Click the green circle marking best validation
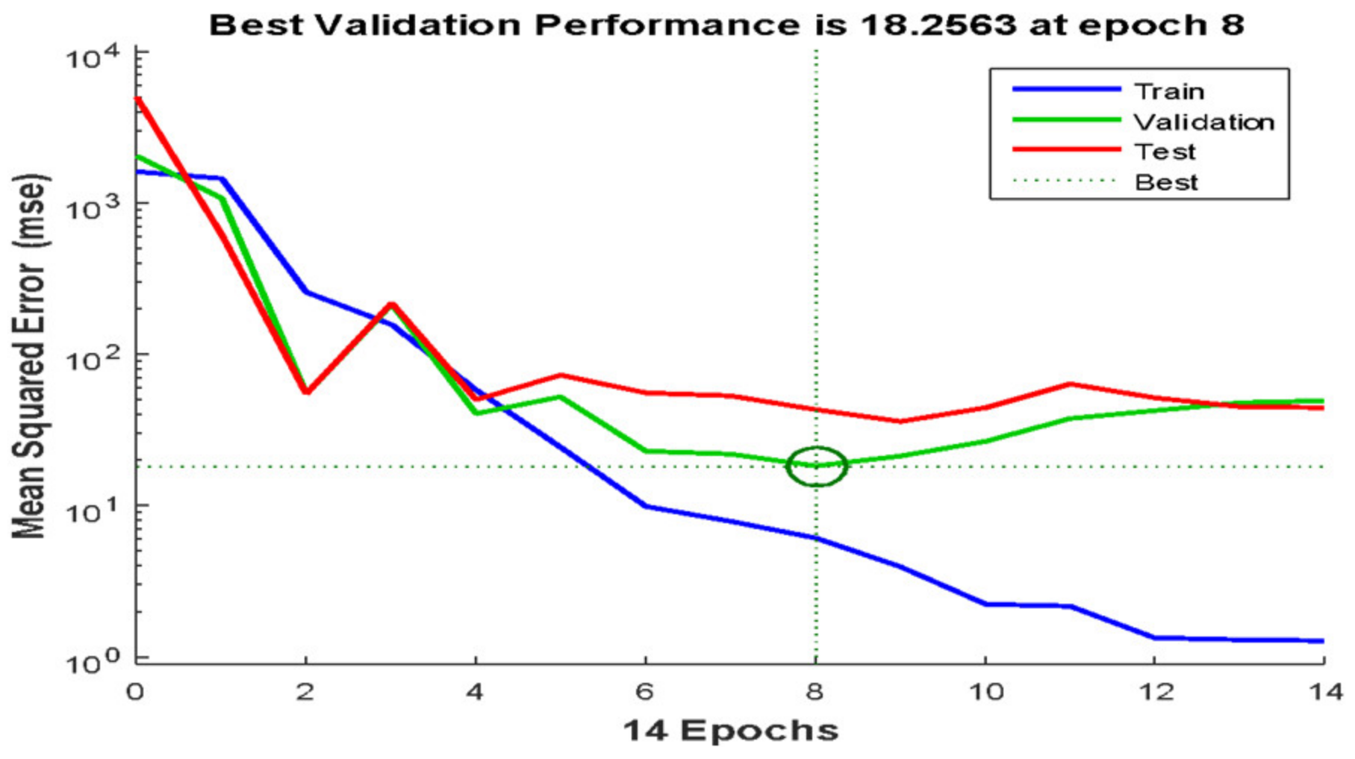pyautogui.click(x=817, y=466)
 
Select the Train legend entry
pyautogui.click(x=1168, y=91)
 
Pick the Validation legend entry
pyautogui.click(x=1203, y=122)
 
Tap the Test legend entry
pyautogui.click(x=1165, y=152)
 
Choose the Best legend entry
pyautogui.click(x=1166, y=182)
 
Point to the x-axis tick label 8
pyautogui.click(x=815, y=692)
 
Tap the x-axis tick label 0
pyautogui.click(x=135, y=692)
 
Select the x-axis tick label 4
pyautogui.click(x=475, y=692)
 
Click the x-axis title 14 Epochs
pyautogui.click(x=730, y=731)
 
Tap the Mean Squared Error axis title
pyautogui.click(x=30, y=357)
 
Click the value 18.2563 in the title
pyautogui.click(x=938, y=25)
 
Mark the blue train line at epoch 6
pyautogui.click(x=646, y=506)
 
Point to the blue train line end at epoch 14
pyautogui.click(x=1321, y=640)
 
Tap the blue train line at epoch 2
pyautogui.click(x=306, y=292)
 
